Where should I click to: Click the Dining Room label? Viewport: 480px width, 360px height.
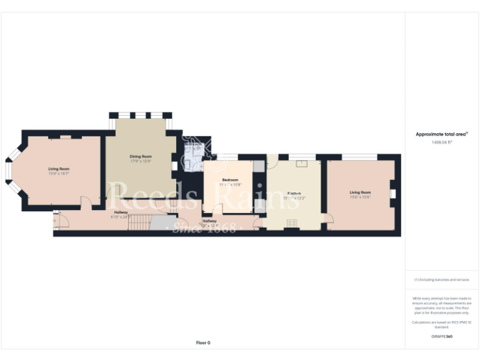pyautogui.click(x=141, y=156)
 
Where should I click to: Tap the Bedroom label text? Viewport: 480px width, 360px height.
pyautogui.click(x=230, y=180)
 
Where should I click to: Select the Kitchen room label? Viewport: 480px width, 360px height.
pyautogui.click(x=292, y=193)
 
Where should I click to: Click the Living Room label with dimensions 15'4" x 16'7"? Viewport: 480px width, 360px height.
pyautogui.click(x=59, y=169)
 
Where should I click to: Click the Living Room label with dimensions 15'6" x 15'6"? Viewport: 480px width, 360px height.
pyautogui.click(x=360, y=192)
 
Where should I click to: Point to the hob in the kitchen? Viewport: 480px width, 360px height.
pyautogui.click(x=292, y=222)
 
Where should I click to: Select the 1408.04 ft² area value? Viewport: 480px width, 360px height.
pyautogui.click(x=442, y=142)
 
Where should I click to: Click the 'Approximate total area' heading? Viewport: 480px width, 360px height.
pyautogui.click(x=441, y=134)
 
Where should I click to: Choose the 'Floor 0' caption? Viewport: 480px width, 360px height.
pyautogui.click(x=203, y=342)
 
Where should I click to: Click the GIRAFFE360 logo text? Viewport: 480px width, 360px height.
pyautogui.click(x=442, y=336)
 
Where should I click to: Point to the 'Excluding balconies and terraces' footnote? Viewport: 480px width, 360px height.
pyautogui.click(x=442, y=279)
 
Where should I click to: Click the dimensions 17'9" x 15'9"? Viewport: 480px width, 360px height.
pyautogui.click(x=141, y=161)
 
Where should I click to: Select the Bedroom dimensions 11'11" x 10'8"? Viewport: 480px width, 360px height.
pyautogui.click(x=230, y=185)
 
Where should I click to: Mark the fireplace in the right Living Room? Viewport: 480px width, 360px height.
pyautogui.click(x=392, y=194)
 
